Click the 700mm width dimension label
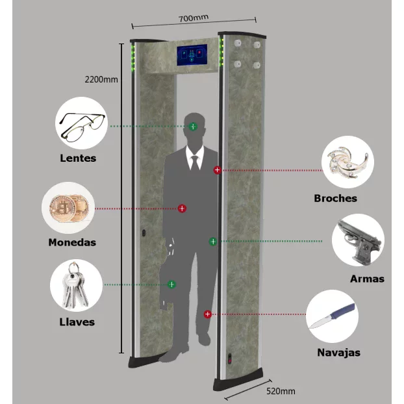[194, 18]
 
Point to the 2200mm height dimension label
[101, 79]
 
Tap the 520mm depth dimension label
[281, 391]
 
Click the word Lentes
[78, 158]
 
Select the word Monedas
[72, 242]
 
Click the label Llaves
[77, 322]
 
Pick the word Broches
[335, 198]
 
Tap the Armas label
[367, 279]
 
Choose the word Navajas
[338, 353]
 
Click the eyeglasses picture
[82, 127]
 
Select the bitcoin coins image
[69, 208]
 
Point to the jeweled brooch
[348, 162]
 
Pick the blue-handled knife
[332, 316]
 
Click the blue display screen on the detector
[192, 55]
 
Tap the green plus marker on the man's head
[193, 127]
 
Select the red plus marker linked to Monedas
[182, 208]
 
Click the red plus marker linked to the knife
[208, 314]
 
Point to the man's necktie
[195, 163]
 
